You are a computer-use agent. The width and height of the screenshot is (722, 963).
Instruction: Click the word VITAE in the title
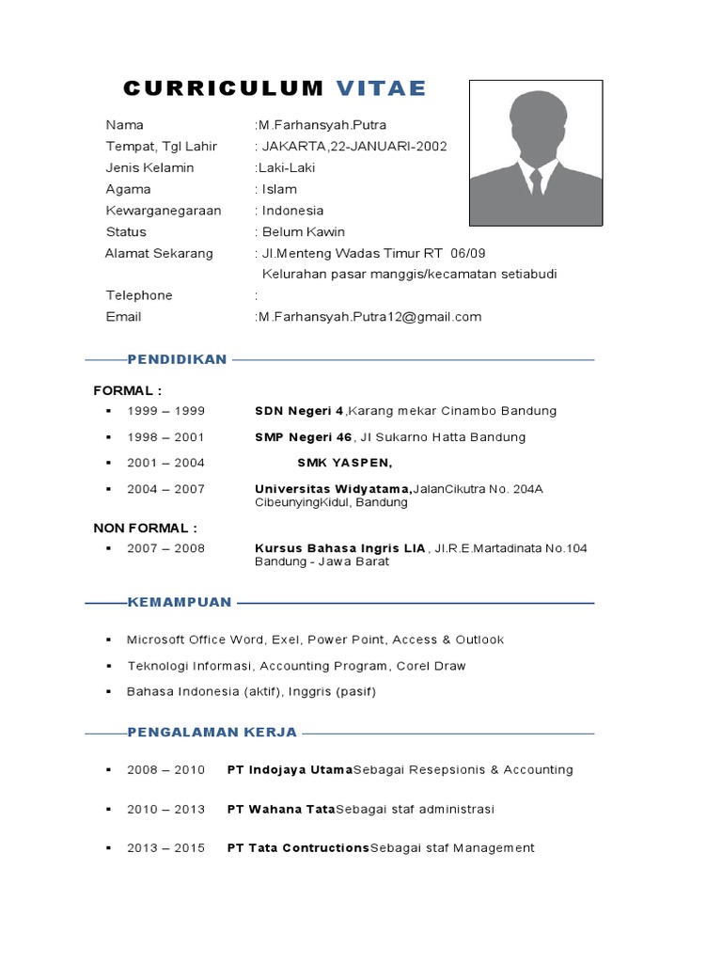pyautogui.click(x=381, y=88)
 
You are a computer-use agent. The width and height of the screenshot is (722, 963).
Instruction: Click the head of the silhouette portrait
pyautogui.click(x=535, y=123)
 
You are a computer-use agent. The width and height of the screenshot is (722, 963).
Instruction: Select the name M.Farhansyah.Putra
pyautogui.click(x=322, y=124)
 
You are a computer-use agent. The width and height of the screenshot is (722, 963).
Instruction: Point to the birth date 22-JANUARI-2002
pyautogui.click(x=388, y=146)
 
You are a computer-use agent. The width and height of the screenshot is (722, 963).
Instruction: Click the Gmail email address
pyautogui.click(x=369, y=317)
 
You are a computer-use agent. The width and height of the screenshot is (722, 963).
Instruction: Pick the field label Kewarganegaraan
pyautogui.click(x=164, y=210)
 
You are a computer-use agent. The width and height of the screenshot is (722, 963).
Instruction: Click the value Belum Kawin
pyautogui.click(x=304, y=231)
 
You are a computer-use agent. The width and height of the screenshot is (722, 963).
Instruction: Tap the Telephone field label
pyautogui.click(x=139, y=295)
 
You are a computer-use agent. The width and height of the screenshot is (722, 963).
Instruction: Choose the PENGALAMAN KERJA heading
pyautogui.click(x=212, y=732)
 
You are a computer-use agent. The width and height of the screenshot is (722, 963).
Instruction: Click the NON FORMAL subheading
pyautogui.click(x=146, y=528)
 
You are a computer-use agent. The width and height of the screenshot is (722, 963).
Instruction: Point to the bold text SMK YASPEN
pyautogui.click(x=345, y=463)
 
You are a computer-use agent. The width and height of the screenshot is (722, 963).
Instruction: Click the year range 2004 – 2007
pyautogui.click(x=165, y=489)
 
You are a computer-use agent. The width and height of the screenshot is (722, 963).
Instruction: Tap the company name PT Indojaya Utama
pyautogui.click(x=290, y=769)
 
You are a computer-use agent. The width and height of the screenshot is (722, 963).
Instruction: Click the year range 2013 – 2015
pyautogui.click(x=165, y=848)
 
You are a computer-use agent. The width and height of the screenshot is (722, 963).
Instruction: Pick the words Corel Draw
pyautogui.click(x=431, y=666)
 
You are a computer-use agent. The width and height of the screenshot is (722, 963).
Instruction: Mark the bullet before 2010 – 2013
pyautogui.click(x=109, y=809)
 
